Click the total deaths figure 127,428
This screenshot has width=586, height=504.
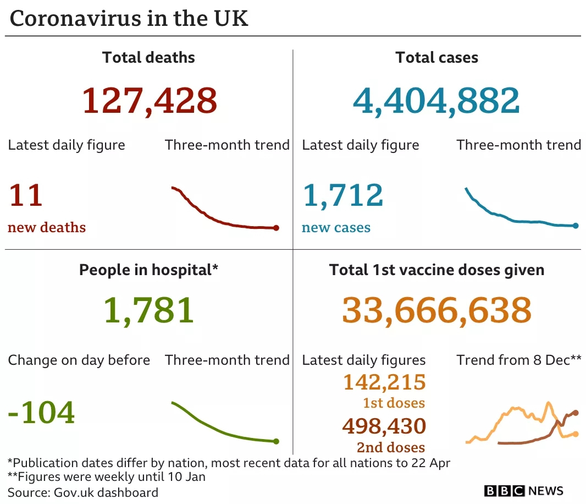[x=150, y=101]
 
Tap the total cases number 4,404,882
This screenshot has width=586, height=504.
[x=436, y=101]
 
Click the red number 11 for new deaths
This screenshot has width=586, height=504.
[x=25, y=195]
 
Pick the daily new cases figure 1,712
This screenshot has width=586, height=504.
[x=342, y=195]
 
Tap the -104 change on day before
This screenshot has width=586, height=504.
[x=41, y=412]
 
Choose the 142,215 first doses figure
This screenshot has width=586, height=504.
[x=384, y=382]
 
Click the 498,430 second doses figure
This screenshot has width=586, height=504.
[x=384, y=426]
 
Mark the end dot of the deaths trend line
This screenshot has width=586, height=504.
[x=276, y=228]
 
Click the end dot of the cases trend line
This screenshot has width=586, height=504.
[x=576, y=226]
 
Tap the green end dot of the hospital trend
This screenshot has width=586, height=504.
[x=276, y=441]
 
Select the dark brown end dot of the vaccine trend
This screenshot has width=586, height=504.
[x=576, y=412]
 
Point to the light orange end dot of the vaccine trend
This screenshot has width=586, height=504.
[x=576, y=434]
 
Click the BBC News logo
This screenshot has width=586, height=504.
[x=523, y=491]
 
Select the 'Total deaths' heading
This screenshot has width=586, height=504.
[x=148, y=58]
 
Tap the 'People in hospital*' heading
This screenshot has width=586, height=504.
[x=148, y=270]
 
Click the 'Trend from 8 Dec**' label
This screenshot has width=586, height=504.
[x=518, y=360]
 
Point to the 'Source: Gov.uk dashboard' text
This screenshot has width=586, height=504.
[x=83, y=492]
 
